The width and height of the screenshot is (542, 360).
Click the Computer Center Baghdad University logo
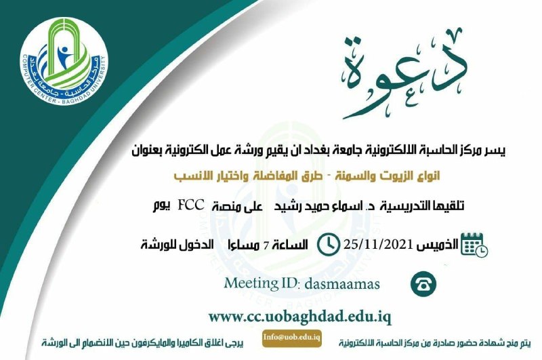coord(64,62)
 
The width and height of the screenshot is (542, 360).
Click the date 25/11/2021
coord(378,245)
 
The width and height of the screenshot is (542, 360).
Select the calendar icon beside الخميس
coord(474,245)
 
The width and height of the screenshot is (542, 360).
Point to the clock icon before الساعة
coord(328,245)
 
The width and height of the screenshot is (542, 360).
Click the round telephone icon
coord(423,284)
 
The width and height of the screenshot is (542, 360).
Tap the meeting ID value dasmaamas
coord(342,284)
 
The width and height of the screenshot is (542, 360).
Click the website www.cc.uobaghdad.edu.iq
coord(299,317)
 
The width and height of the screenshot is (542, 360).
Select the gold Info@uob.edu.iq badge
coord(292,338)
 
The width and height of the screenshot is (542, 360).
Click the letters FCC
coord(191,205)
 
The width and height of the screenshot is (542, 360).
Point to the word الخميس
coord(437,245)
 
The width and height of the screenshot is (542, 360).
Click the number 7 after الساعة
coord(266,246)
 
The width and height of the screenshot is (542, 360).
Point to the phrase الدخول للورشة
coord(177,245)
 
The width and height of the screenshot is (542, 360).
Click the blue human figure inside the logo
coord(63,56)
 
